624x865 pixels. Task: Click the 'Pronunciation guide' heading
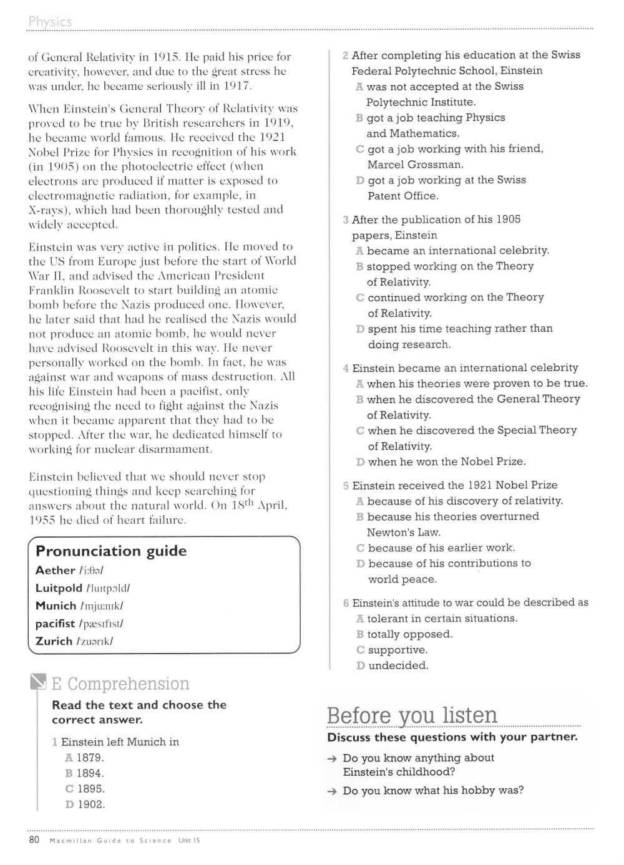(111, 551)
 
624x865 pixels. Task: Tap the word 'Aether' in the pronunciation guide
(55, 570)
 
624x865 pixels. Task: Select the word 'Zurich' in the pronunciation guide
(54, 641)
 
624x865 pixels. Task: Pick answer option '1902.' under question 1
(91, 805)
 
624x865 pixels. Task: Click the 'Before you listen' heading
(412, 715)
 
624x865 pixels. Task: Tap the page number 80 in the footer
(34, 840)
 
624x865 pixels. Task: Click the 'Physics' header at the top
(50, 22)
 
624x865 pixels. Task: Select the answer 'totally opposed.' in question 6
(410, 634)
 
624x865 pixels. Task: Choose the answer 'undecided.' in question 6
(398, 665)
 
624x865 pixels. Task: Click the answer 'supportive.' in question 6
(397, 650)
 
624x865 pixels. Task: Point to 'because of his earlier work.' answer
(441, 548)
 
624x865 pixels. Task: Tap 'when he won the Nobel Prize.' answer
(447, 461)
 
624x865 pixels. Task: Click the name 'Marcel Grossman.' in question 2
(416, 165)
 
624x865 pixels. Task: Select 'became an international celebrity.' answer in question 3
(458, 251)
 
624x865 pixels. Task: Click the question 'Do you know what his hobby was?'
(433, 791)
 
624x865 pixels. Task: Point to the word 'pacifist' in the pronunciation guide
(56, 623)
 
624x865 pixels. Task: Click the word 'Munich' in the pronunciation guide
(56, 606)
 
